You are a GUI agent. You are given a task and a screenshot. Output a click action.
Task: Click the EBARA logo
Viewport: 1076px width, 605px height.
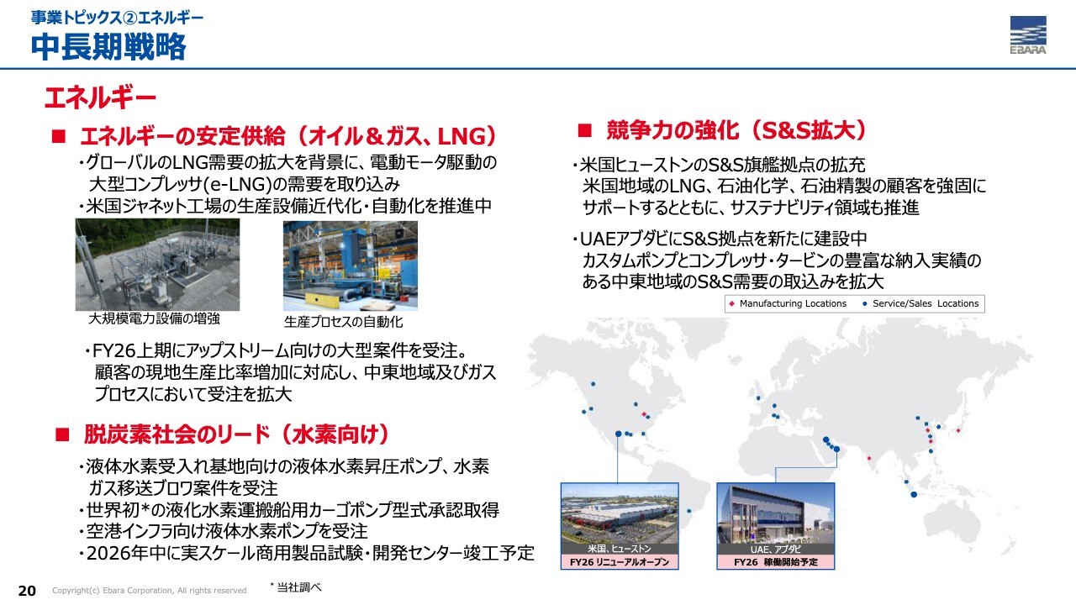pos(1028,34)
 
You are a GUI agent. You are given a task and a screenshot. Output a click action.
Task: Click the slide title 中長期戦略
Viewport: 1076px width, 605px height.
pos(108,46)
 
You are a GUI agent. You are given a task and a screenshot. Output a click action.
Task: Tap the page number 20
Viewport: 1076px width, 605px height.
pos(27,591)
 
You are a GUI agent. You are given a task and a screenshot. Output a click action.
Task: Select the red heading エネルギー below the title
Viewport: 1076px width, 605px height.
pos(100,98)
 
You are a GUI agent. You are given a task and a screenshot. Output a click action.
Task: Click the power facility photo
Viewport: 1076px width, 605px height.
pos(157,265)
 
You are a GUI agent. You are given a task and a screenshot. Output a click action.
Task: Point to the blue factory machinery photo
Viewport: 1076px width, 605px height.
pos(351,266)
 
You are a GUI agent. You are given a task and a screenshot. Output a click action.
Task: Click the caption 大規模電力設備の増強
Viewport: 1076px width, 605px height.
pos(154,318)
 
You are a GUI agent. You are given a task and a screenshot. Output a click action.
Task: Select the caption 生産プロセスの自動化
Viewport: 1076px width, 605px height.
pos(344,322)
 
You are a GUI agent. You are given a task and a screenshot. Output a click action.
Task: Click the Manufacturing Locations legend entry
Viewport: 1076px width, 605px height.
pos(788,303)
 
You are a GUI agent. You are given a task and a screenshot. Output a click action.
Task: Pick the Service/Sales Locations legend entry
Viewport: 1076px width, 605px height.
pos(920,303)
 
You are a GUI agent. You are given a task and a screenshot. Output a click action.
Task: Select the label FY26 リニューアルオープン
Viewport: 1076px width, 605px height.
pos(620,562)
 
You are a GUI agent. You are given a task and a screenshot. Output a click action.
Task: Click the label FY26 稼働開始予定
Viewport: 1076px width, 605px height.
pos(776,562)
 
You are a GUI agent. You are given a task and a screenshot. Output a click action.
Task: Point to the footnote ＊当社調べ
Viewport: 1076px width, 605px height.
pos(295,587)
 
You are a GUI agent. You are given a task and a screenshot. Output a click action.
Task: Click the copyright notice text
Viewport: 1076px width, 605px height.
pos(150,591)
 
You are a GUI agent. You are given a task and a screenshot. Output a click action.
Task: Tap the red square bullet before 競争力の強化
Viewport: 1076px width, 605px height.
pos(584,130)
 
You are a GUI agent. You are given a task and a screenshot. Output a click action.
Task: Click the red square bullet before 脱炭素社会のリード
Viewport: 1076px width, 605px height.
pos(62,435)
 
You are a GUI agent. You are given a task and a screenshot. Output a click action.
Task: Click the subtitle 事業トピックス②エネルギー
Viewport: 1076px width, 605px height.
pos(118,18)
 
